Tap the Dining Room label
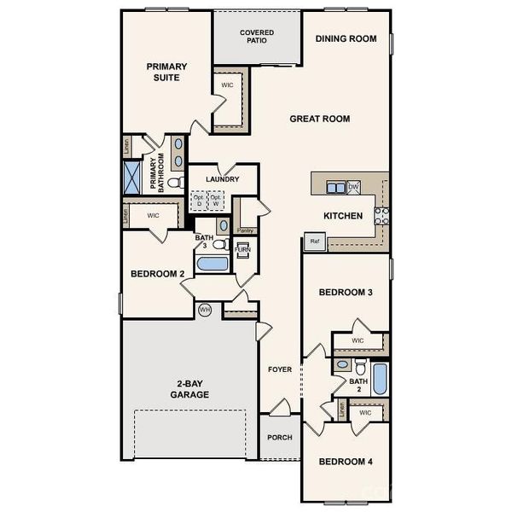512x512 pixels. click(346, 38)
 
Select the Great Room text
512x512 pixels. click(319, 119)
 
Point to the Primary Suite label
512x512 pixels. click(166, 72)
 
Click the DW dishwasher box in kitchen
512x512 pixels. click(353, 187)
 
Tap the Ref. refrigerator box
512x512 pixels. click(313, 242)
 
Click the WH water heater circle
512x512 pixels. click(205, 309)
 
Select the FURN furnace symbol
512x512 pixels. click(242, 249)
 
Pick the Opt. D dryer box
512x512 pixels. click(200, 201)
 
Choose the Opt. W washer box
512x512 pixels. click(216, 201)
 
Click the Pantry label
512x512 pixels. click(245, 230)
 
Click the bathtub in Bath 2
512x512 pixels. click(380, 378)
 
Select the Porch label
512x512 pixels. click(279, 437)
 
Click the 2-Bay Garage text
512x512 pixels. click(189, 388)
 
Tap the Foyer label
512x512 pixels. click(280, 369)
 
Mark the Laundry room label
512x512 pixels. click(221, 179)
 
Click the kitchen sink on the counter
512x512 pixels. click(335, 187)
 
